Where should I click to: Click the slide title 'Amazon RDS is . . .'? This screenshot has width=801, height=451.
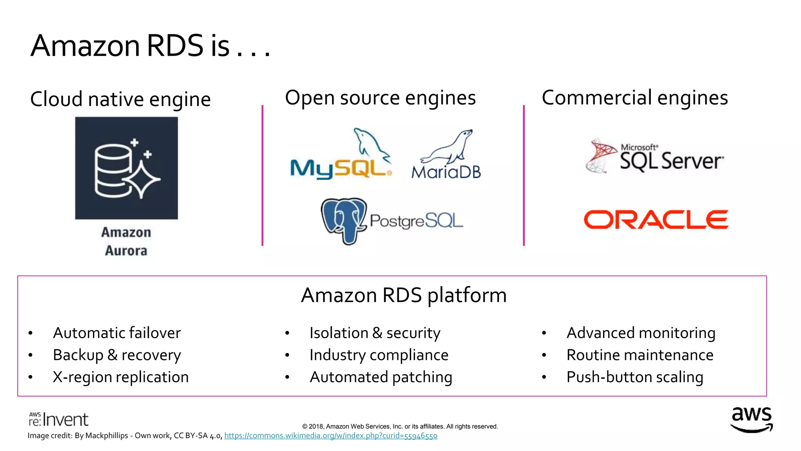[151, 46]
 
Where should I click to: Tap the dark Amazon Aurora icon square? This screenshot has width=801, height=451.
[126, 168]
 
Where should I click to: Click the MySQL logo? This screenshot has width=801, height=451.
[340, 157]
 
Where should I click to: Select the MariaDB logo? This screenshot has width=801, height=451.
[446, 157]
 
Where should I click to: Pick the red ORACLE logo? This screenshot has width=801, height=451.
[656, 220]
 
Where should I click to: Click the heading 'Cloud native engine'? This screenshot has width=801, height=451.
[120, 99]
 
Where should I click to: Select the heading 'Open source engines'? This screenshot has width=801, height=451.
[380, 98]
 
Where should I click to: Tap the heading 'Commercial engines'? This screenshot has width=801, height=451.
[635, 98]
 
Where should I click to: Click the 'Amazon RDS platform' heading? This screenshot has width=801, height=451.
[404, 295]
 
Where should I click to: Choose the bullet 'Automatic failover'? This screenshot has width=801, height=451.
[117, 333]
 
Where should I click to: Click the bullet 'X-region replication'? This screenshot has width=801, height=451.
[120, 377]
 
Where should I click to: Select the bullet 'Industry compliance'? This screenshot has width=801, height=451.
[379, 355]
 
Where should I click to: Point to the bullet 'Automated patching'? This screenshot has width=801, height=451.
[381, 377]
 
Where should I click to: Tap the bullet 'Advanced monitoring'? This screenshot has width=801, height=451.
[641, 333]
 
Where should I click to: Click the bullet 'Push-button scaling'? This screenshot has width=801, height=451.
[635, 377]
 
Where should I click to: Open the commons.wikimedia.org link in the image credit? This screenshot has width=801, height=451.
[330, 436]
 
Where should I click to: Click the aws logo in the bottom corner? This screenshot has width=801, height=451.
[752, 420]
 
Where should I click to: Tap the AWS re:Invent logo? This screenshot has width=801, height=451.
[59, 419]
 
